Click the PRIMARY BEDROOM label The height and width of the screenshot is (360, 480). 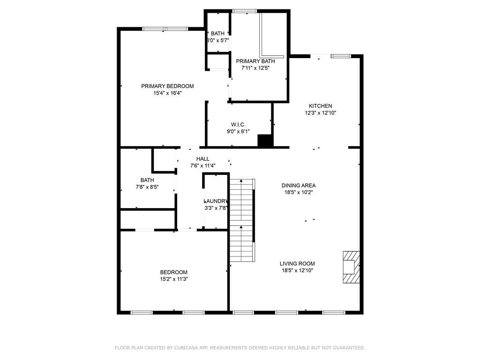click(x=167, y=86)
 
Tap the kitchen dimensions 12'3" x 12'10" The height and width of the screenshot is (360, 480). click(x=321, y=112)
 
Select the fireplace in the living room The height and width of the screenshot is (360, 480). click(x=351, y=267)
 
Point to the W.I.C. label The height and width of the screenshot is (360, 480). click(x=238, y=125)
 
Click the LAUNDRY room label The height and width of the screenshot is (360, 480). click(x=216, y=201)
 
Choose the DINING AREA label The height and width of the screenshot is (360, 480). click(x=299, y=186)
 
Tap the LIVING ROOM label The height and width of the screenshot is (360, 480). click(x=297, y=263)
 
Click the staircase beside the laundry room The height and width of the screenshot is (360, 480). click(x=242, y=220)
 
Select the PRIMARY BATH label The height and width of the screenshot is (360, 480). click(x=255, y=61)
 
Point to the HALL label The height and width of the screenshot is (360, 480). click(x=202, y=159)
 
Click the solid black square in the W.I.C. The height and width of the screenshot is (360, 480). click(x=265, y=141)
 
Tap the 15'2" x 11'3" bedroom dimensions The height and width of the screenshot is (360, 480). click(x=173, y=279)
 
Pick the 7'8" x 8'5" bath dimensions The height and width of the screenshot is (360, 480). click(x=147, y=187)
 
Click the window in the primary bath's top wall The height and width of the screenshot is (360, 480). click(x=244, y=11)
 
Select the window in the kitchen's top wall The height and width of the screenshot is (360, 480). click(x=341, y=56)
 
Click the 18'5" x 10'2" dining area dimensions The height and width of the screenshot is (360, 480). click(x=299, y=193)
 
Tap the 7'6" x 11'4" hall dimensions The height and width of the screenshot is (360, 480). click(x=202, y=165)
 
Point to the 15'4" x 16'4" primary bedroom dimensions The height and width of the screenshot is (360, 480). click(x=167, y=93)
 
